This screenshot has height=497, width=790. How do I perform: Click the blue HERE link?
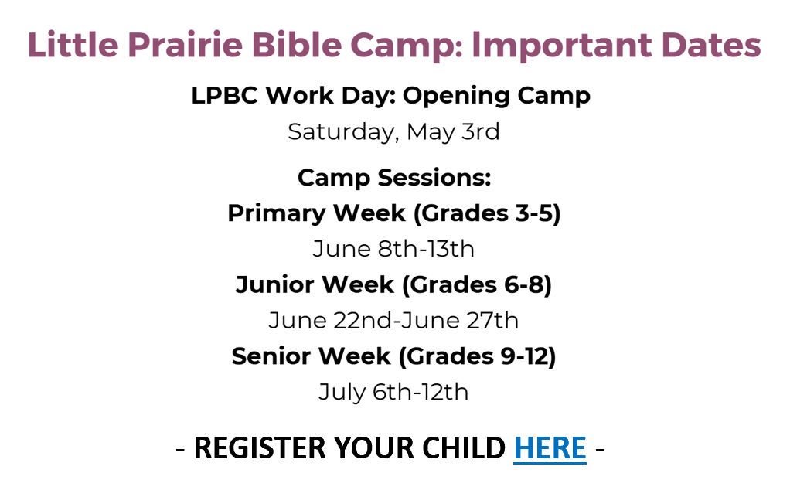click(x=550, y=448)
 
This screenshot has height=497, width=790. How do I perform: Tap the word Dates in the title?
click(x=711, y=45)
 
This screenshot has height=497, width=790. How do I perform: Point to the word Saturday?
click(x=343, y=132)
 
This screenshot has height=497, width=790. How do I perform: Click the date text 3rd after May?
click(x=481, y=132)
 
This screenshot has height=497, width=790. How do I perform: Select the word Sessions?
click(x=434, y=178)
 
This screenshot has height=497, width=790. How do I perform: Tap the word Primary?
click(x=277, y=214)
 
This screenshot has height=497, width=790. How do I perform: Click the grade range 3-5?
click(x=534, y=213)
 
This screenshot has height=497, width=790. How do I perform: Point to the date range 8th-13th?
click(x=426, y=249)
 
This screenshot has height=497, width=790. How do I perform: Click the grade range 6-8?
click(x=525, y=285)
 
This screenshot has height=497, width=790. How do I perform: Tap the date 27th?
click(x=492, y=320)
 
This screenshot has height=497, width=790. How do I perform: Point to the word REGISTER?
click(x=260, y=448)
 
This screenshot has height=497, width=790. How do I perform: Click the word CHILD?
click(x=464, y=448)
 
